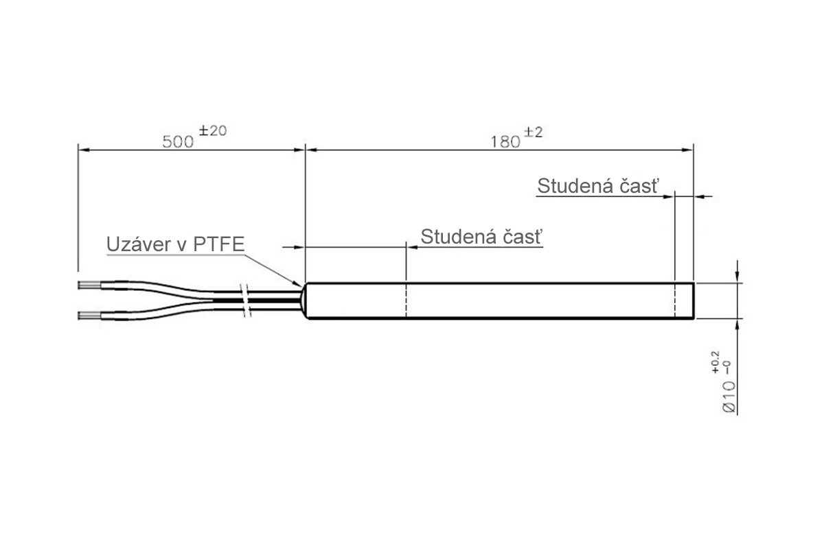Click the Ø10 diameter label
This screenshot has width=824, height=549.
pyautogui.click(x=730, y=397)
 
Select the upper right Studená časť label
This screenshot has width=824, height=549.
pyautogui.click(x=598, y=187)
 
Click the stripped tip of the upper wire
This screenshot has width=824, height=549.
pyautogui.click(x=87, y=283)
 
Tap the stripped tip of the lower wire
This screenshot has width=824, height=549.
pyautogui.click(x=87, y=316)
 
